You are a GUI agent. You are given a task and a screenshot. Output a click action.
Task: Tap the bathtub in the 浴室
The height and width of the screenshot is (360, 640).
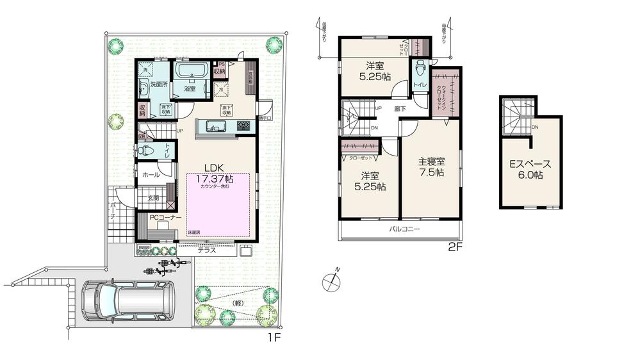pos(191,72)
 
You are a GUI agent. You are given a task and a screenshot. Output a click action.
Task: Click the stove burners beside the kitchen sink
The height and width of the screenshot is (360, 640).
pos(243,126)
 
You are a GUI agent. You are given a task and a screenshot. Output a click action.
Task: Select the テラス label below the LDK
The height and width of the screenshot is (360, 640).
pos(206,251)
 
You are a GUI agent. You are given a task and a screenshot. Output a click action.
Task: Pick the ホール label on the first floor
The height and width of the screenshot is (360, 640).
pos(151,174)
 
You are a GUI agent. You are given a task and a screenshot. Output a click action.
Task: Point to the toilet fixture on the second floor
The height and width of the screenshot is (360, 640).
pos(420,69)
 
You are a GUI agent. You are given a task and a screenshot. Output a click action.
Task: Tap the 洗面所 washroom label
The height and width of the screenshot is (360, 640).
pos(159,85)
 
